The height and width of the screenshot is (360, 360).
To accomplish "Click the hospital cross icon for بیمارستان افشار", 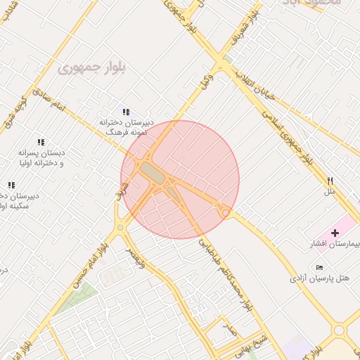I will tap(335, 232).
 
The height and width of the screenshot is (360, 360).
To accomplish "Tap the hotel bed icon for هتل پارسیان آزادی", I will tap(320, 267).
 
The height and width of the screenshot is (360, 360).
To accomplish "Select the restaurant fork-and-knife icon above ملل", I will tap(329, 181).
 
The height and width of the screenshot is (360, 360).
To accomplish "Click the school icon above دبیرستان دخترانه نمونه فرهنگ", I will tap(126, 111).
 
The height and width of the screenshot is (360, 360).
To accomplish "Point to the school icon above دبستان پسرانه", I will tap(40, 142).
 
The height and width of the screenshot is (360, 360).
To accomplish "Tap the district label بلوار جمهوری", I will tap(91, 69).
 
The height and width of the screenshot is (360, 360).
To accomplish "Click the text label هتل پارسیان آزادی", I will tap(319, 278).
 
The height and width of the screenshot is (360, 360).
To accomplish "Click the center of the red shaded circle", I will tap(180, 179).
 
